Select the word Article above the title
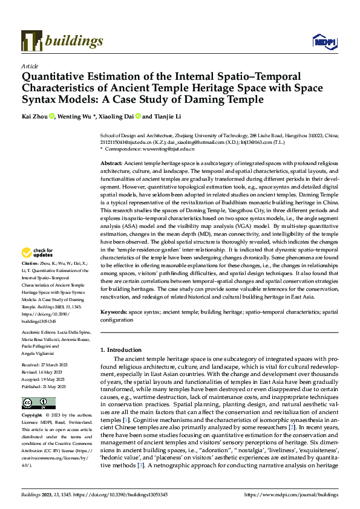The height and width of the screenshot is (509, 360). [x=30, y=66]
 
